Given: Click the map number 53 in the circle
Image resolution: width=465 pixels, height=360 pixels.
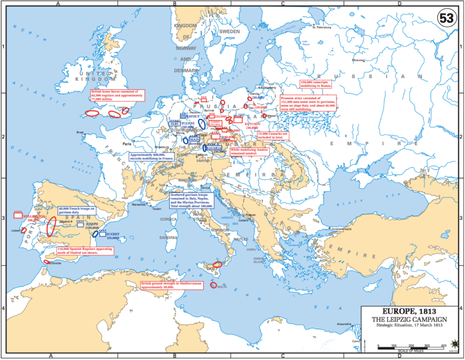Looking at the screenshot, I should pyautogui.click(x=447, y=18).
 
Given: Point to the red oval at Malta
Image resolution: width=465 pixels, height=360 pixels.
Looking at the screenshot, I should pyautogui.click(x=213, y=285).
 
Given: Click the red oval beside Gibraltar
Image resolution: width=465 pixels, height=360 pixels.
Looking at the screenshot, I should pyautogui.click(x=46, y=261).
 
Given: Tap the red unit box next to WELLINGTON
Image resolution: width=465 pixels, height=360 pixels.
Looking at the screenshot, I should pyautogui.click(x=18, y=216).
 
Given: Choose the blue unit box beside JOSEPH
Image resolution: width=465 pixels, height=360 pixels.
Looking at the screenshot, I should pyautogui.click(x=80, y=224).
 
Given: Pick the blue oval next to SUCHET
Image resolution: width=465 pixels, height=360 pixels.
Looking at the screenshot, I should pyautogui.click(x=95, y=234).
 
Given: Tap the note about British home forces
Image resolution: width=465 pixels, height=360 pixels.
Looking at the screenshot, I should pyautogui.click(x=118, y=94).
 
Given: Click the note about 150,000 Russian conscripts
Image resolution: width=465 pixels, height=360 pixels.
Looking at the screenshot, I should pyautogui.click(x=317, y=84).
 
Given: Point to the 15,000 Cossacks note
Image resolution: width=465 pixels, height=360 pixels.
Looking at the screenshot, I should pyautogui.click(x=272, y=135).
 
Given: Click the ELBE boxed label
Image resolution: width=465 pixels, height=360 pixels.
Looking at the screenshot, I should pyautogui.click(x=174, y=123).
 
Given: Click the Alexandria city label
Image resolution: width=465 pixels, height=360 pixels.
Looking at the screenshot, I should pyautogui.click(x=343, y=324).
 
